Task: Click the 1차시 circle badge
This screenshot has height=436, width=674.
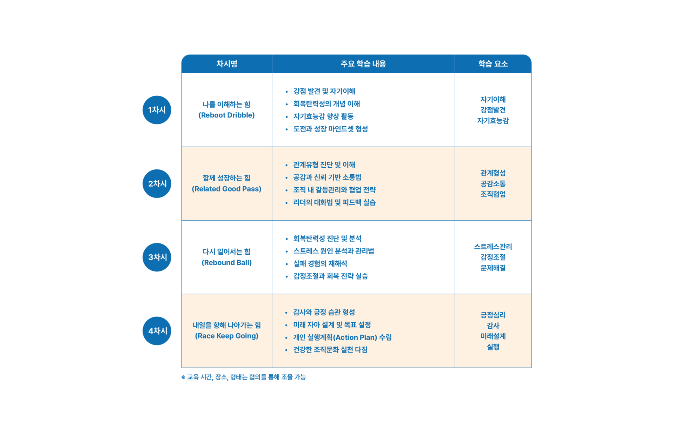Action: pyautogui.click(x=157, y=110)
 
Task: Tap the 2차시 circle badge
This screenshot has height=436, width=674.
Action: pyautogui.click(x=157, y=183)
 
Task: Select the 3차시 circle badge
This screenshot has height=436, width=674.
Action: pyautogui.click(x=157, y=257)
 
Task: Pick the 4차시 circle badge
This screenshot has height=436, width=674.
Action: pyautogui.click(x=157, y=331)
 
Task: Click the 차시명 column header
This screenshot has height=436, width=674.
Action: pyautogui.click(x=227, y=64)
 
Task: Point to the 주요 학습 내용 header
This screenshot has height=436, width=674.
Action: pyautogui.click(x=363, y=64)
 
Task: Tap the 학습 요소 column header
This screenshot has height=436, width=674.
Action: pyautogui.click(x=493, y=64)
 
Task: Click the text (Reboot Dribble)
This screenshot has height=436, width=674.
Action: pyautogui.click(x=226, y=115)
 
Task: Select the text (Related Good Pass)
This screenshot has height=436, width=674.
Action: pyautogui.click(x=226, y=189)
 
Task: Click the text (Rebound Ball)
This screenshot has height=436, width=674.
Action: pyautogui.click(x=226, y=262)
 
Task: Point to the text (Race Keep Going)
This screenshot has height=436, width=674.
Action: pyautogui.click(x=226, y=336)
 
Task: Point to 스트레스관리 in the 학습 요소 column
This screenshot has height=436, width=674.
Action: pyautogui.click(x=493, y=247)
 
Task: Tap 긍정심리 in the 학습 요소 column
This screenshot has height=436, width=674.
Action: pyautogui.click(x=493, y=315)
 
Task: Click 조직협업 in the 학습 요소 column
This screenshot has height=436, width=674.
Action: pyautogui.click(x=493, y=194)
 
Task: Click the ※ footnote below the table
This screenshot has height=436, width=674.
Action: pyautogui.click(x=243, y=377)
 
